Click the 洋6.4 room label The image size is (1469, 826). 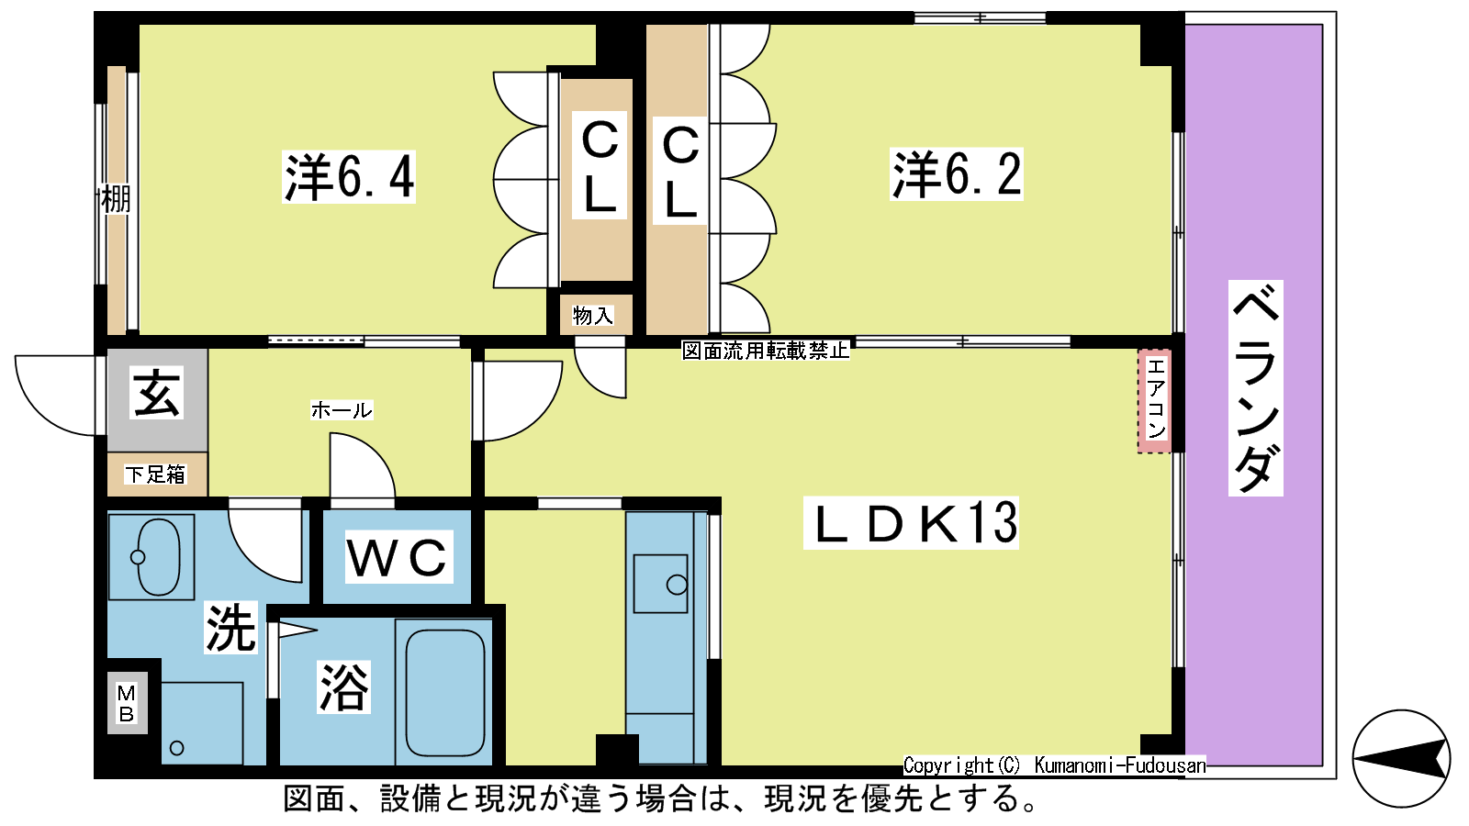click(x=349, y=176)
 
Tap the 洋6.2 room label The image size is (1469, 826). click(x=957, y=173)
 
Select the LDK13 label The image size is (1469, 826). click(x=911, y=522)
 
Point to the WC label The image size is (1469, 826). click(x=398, y=556)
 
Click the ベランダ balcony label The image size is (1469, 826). click(x=1255, y=388)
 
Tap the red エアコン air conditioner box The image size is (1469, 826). click(x=1154, y=401)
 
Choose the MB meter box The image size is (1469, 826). click(x=128, y=703)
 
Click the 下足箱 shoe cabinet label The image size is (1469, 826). click(x=155, y=474)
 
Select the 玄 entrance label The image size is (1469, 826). click(x=156, y=393)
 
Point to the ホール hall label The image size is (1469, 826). click(x=341, y=410)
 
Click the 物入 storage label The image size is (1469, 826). click(x=592, y=316)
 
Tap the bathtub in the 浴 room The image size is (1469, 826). click(x=444, y=692)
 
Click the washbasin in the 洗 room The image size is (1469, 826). click(x=159, y=557)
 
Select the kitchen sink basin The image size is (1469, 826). click(x=660, y=584)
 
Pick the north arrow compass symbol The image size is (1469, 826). click(x=1401, y=758)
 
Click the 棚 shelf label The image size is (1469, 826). click(x=116, y=199)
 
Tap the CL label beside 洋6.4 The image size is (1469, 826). click(x=600, y=165)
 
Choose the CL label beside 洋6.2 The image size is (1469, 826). click(x=680, y=171)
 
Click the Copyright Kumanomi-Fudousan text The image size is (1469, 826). click(x=1055, y=765)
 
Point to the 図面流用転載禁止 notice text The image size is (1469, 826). click(x=766, y=351)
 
